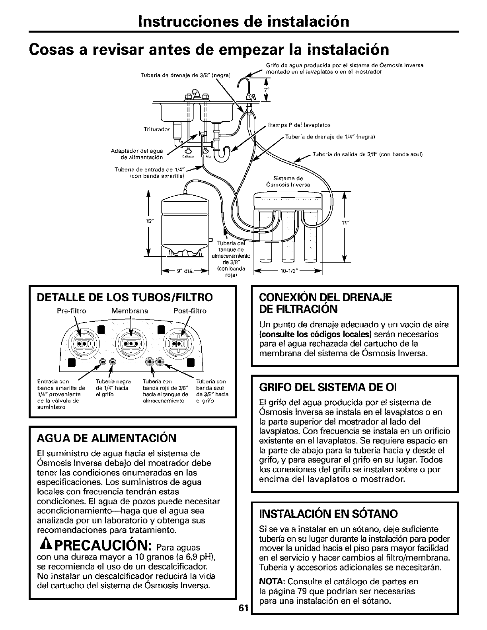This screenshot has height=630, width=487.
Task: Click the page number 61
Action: [x=244, y=619]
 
